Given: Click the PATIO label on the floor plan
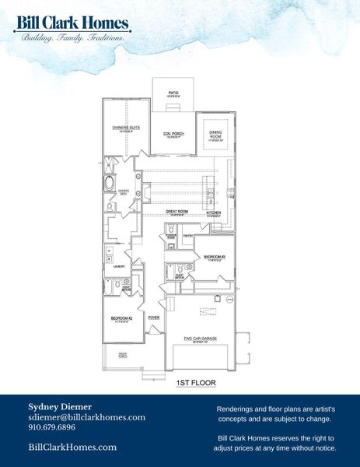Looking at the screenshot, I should point(173,93).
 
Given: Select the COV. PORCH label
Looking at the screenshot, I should point(173,134).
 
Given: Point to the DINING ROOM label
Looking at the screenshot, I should point(215,133).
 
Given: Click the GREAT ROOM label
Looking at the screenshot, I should point(178,211).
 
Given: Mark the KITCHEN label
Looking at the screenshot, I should point(215,212).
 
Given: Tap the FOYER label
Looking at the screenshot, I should point(154,318).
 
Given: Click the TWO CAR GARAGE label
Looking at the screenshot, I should point(199,338).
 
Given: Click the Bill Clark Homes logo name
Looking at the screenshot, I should point(72,23).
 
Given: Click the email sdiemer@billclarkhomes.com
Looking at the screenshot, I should point(86,417).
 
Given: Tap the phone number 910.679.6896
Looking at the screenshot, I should point(51,427).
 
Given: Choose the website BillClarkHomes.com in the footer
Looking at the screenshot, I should point(72,447).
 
